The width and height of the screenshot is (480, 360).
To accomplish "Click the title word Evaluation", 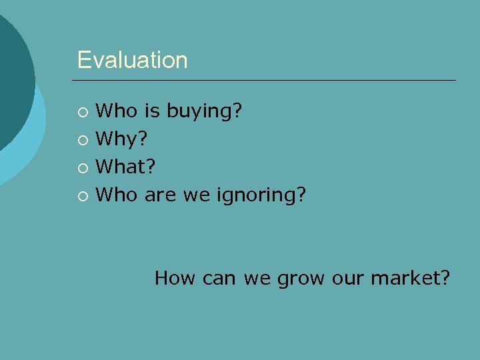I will pos(132,60).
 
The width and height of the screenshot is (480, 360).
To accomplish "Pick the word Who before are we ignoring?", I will pos(115,195).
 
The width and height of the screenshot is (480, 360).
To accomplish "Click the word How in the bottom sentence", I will pos(175,277).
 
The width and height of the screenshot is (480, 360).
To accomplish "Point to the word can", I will pos(219,277).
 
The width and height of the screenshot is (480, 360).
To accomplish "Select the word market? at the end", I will pos(411,277).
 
